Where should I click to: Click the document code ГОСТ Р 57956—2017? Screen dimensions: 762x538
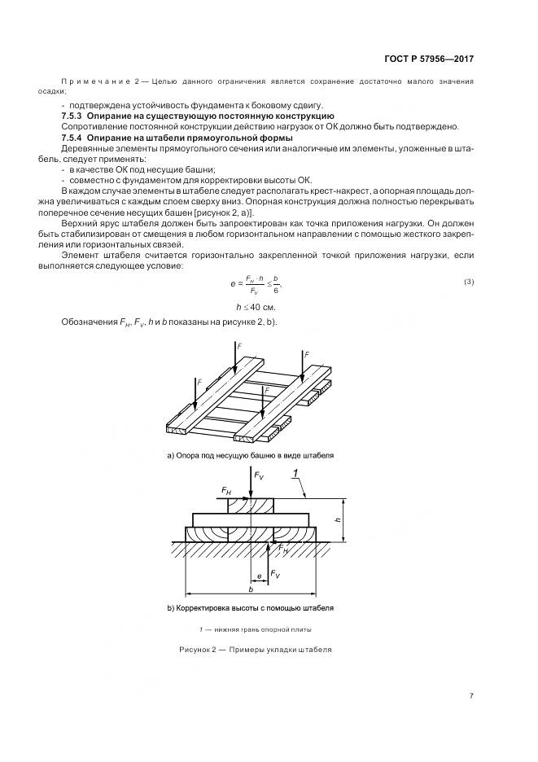[429, 59]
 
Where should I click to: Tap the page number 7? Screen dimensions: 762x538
[471, 695]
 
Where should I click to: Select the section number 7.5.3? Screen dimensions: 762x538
[75, 116]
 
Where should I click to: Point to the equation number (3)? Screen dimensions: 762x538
[469, 282]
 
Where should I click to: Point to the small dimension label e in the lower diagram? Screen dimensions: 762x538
[259, 575]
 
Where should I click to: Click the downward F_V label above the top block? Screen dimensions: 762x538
[259, 475]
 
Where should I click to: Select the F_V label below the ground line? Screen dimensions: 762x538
[276, 574]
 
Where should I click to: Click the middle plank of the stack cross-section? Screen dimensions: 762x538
[252, 519]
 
